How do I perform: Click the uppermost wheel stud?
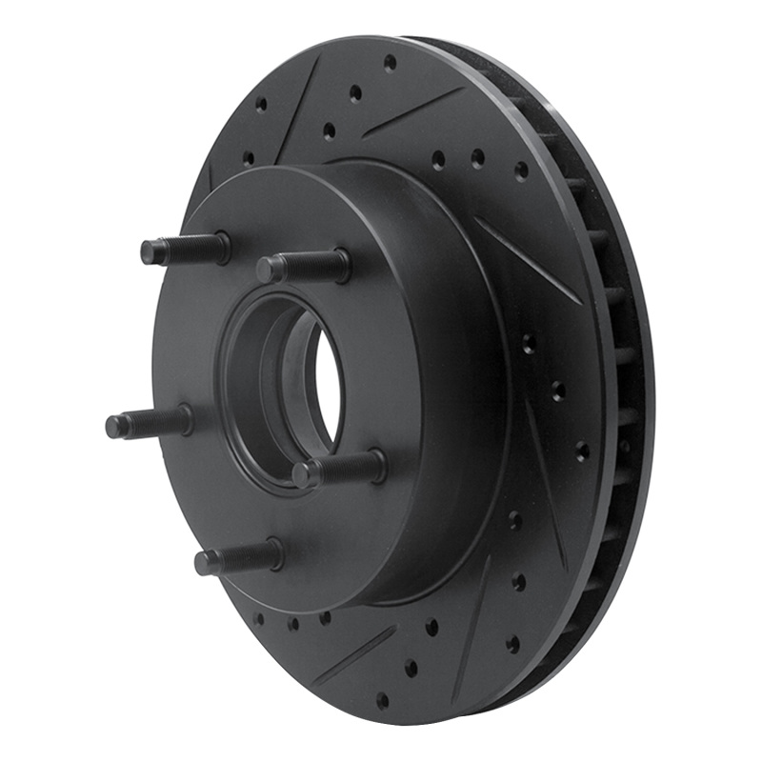(186, 250)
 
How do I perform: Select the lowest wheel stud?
(238, 557)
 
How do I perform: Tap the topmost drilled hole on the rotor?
(390, 62)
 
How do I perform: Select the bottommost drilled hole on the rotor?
(383, 701)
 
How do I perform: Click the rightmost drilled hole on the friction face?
(582, 449)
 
